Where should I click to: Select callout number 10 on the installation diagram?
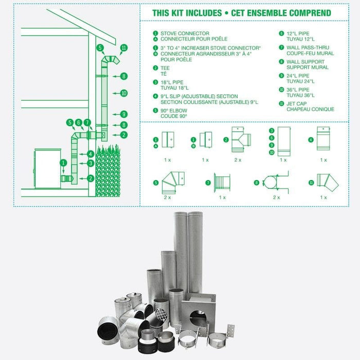pos(123,93)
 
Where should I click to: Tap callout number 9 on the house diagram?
pos(123,114)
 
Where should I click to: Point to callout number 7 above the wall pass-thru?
pos(87,122)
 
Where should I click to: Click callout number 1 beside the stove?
pos(63,163)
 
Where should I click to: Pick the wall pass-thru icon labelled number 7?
pos(222,182)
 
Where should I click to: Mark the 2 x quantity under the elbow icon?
pos(167,197)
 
